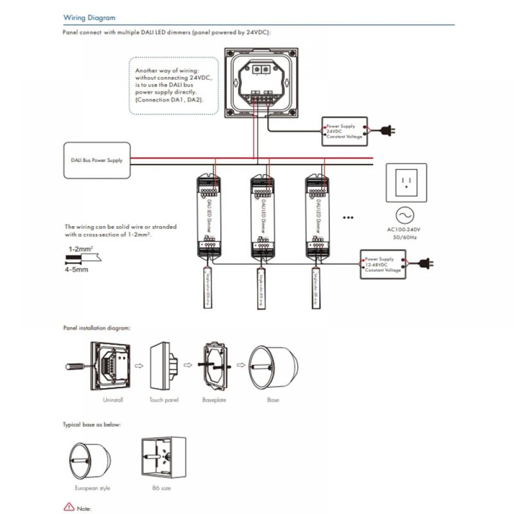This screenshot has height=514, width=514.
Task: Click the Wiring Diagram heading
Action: click(89, 17)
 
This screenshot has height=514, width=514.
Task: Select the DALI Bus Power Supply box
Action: click(97, 160)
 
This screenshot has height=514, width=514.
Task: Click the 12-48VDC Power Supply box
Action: click(383, 264)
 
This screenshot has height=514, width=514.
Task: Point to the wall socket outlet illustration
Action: click(406, 183)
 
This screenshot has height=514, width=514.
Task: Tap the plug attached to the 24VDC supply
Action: click(388, 132)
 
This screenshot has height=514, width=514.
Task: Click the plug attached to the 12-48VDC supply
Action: click(426, 264)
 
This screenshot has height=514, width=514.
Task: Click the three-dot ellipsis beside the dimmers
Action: click(348, 217)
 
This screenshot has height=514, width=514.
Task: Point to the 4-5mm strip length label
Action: click(77, 269)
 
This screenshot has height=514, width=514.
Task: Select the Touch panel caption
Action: click(164, 399)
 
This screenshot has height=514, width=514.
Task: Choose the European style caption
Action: click(93, 488)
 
